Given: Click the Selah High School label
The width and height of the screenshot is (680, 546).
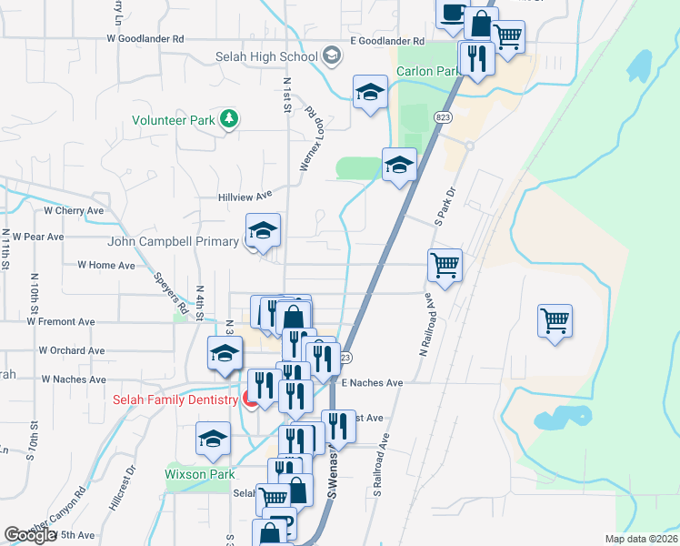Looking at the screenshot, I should point(266,56).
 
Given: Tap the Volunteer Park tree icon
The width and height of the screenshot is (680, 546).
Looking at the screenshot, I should point(229,119).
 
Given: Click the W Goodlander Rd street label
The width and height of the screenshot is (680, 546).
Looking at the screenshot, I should point(145,39).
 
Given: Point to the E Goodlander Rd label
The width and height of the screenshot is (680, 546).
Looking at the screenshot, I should point(387,42).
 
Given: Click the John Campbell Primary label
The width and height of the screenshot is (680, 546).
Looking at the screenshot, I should point(173,241).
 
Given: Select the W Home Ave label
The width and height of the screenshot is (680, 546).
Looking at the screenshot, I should point(105,265).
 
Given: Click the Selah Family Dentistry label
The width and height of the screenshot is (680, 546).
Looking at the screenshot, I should point(174,399).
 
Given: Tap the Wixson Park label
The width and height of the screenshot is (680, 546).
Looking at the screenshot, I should point(199,474).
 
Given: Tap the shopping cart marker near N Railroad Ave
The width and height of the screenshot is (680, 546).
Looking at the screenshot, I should point(445,265).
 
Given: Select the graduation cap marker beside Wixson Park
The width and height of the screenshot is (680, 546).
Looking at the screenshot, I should point(213,440).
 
